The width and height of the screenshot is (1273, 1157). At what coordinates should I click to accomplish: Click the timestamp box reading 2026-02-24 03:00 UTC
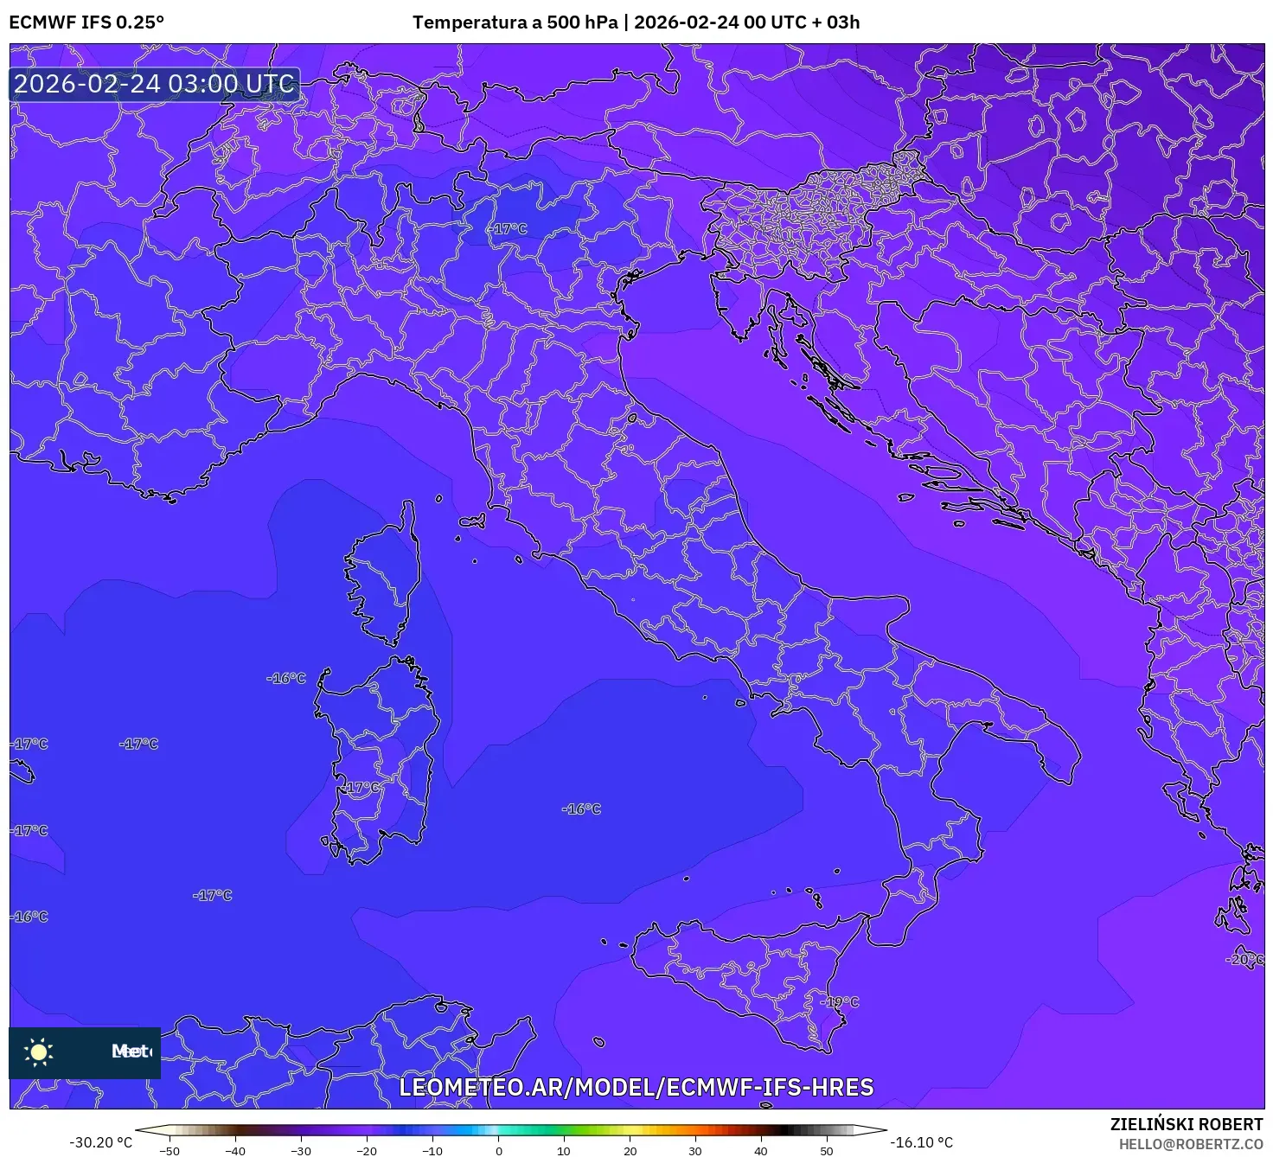tap(155, 84)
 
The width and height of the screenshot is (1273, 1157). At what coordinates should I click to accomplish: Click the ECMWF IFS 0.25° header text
tap(86, 22)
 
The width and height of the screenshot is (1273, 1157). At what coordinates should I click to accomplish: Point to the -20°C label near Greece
tap(1244, 960)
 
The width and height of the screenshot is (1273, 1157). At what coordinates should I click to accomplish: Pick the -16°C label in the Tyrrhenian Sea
tap(581, 809)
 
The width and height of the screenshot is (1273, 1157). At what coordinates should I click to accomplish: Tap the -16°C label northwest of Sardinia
tap(286, 679)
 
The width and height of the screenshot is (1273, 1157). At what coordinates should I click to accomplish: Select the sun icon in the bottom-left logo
tap(39, 1052)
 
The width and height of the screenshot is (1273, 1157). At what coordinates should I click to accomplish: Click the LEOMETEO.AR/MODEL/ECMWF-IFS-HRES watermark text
tap(636, 1087)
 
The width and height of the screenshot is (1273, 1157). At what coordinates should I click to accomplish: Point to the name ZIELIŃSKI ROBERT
tap(1187, 1124)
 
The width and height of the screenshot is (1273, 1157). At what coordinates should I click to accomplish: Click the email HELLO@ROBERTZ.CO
tap(1191, 1143)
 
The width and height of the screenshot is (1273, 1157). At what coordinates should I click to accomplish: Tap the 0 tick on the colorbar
tap(498, 1150)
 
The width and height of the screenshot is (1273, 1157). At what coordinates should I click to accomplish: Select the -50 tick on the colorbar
tap(170, 1150)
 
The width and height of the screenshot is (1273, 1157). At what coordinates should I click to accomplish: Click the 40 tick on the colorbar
tap(761, 1150)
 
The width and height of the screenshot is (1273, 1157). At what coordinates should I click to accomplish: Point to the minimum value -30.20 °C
tap(101, 1142)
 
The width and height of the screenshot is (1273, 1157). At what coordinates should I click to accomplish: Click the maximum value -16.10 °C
tap(922, 1142)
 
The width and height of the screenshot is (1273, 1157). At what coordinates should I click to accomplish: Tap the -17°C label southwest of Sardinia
tap(212, 896)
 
